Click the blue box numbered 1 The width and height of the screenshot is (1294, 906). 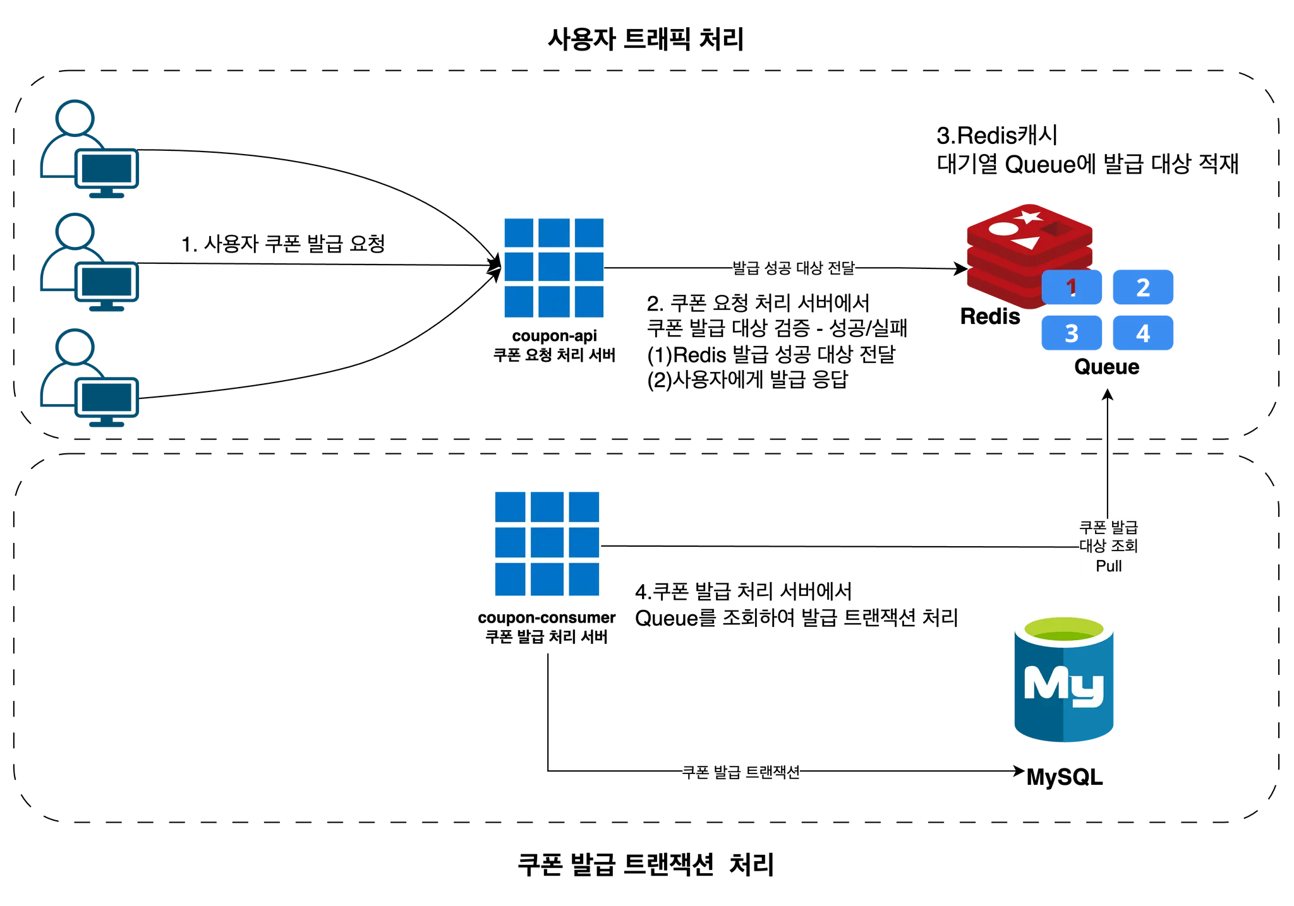click(x=1072, y=287)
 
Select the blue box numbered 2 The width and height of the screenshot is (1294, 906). click(x=1143, y=287)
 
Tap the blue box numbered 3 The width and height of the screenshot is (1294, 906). click(x=1072, y=332)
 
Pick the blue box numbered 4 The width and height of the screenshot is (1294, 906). click(x=1143, y=332)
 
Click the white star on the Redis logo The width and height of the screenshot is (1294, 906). click(x=1030, y=217)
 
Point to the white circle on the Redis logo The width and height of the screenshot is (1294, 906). click(x=1001, y=229)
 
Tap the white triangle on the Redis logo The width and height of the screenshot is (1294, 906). click(x=1027, y=242)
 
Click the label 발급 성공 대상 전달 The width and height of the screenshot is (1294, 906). click(x=794, y=269)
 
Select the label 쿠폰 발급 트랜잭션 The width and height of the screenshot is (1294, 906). click(x=741, y=772)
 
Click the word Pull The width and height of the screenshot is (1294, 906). click(x=1109, y=566)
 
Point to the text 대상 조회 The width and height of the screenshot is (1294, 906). click(x=1109, y=545)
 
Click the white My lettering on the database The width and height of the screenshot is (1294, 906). click(x=1063, y=684)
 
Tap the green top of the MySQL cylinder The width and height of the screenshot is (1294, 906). click(x=1064, y=629)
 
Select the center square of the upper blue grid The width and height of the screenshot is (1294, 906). click(x=553, y=270)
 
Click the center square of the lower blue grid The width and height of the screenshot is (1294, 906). click(x=546, y=544)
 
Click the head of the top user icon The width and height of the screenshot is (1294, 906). click(x=75, y=117)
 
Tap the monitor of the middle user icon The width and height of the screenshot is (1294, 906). click(x=107, y=281)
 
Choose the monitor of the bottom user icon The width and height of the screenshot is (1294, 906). click(x=107, y=397)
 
